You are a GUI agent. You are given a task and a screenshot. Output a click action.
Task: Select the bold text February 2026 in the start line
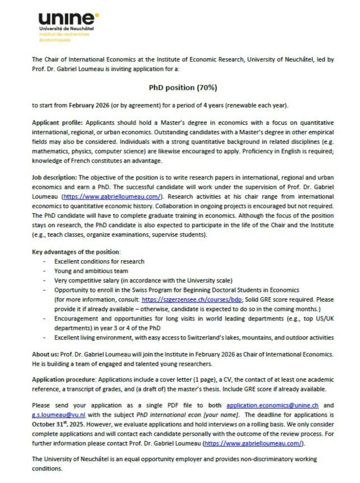pyautogui.click(x=88, y=105)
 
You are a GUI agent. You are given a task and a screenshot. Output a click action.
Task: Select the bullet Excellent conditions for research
pyautogui.click(x=99, y=261)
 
